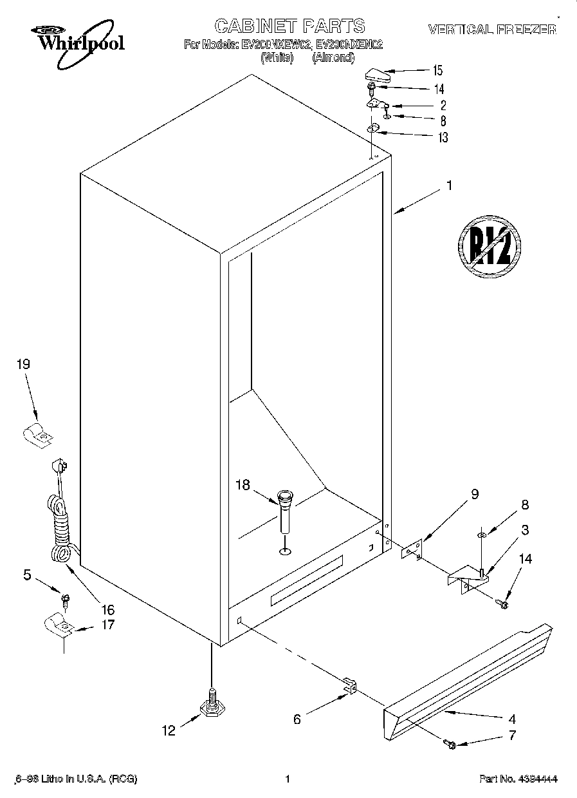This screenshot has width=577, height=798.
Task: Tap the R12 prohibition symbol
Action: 489,246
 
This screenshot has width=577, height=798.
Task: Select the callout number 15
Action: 437,70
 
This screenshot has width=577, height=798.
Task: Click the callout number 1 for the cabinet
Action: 449,185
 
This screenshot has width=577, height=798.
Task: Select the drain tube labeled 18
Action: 285,512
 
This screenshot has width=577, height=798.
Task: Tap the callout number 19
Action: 23,365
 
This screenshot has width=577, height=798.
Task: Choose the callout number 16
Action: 107,609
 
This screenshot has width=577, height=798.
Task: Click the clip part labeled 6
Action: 349,687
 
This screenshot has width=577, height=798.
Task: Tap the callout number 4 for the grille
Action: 512,719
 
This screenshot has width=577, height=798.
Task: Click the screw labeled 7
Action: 450,745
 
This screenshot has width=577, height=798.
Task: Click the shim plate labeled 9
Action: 410,549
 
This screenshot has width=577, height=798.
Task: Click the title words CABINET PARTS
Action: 289,26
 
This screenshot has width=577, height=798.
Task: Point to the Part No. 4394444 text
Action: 517,779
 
